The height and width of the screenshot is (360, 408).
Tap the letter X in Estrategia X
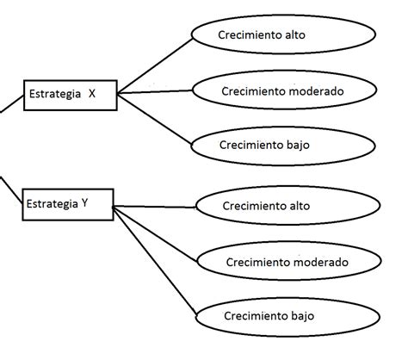tap(92, 94)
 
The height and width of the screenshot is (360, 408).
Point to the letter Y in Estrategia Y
tap(84, 203)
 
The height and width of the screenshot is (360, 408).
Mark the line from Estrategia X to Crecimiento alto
tap(155, 65)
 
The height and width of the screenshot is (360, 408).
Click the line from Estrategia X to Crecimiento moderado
tap(155, 91)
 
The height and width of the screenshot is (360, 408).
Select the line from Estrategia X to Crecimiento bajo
tap(154, 119)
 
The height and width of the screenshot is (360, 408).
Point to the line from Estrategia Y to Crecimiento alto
tap(155, 207)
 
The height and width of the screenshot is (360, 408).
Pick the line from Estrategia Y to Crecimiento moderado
tap(156, 234)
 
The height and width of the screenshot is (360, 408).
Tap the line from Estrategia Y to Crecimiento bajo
tap(155, 261)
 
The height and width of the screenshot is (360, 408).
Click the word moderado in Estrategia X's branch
tap(316, 91)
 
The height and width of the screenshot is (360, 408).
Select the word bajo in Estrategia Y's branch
tap(303, 316)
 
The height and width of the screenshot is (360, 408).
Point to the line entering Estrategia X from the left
tap(12, 104)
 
